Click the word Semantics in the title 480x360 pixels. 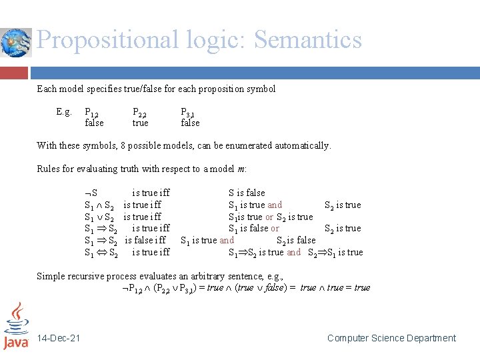(307, 40)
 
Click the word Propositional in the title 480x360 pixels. (107, 40)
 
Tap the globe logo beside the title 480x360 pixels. (15, 43)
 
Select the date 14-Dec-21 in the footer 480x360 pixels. (59, 339)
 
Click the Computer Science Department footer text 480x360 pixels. (391, 339)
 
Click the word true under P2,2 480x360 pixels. (141, 123)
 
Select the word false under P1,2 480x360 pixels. (94, 123)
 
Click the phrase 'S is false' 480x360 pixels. (247, 193)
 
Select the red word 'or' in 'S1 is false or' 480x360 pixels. (275, 229)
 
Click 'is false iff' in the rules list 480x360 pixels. (145, 241)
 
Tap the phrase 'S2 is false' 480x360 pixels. (296, 241)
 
